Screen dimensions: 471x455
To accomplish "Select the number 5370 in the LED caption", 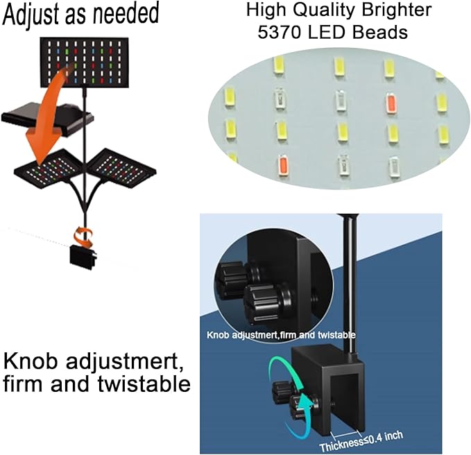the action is pos(279,33).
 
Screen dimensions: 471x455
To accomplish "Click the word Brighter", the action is pos(397,10).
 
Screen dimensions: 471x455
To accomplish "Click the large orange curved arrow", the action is pos(48,108).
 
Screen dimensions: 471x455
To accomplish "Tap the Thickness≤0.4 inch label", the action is pos(361,441).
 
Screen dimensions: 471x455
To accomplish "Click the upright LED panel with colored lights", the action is pos(85,62).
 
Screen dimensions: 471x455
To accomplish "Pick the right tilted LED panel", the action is pos(121,168).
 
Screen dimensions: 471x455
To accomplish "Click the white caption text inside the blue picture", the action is pos(281,335).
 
